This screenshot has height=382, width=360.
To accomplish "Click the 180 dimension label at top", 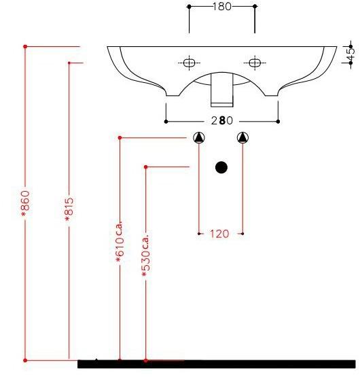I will pos(222,6).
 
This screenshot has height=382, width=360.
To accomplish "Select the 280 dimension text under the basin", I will pos(221,121).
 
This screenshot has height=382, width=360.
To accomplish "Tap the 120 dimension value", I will pos(219,234).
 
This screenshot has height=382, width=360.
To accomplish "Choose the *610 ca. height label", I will pos(120,241).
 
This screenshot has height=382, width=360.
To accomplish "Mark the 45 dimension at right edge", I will pos(350,54).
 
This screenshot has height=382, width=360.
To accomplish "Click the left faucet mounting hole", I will pos(189,63).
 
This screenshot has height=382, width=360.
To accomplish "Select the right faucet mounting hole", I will pos(255,63).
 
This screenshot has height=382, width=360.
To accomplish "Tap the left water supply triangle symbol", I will pos(198,138).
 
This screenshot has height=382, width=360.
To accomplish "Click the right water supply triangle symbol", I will pos(243,138).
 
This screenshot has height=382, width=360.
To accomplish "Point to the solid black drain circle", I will pos(221,167).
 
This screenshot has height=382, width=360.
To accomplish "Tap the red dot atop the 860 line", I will pos(26,46).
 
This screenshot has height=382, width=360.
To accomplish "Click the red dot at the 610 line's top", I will pos(120,138).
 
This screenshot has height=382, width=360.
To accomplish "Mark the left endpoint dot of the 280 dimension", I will pos(166,122).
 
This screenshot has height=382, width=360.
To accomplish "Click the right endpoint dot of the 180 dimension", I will pos(255,6).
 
